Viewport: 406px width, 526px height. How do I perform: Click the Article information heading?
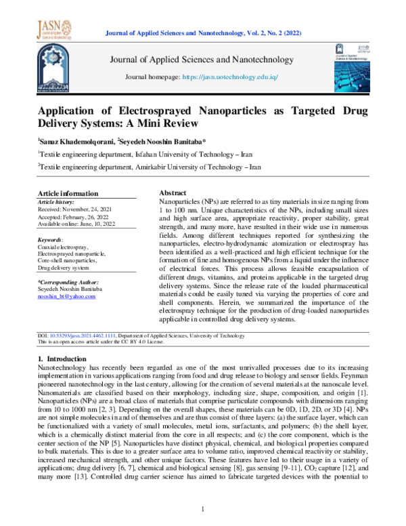[68, 193]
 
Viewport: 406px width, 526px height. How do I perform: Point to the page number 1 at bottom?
[203, 508]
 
